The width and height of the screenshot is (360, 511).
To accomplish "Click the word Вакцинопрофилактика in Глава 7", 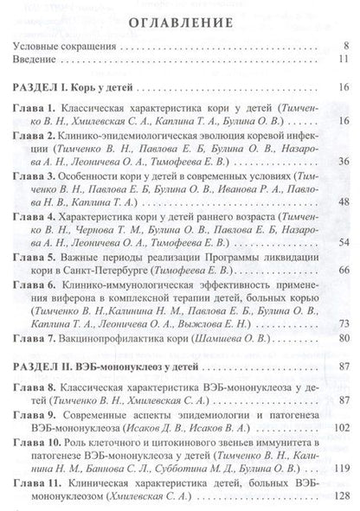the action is coord(118,337).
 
